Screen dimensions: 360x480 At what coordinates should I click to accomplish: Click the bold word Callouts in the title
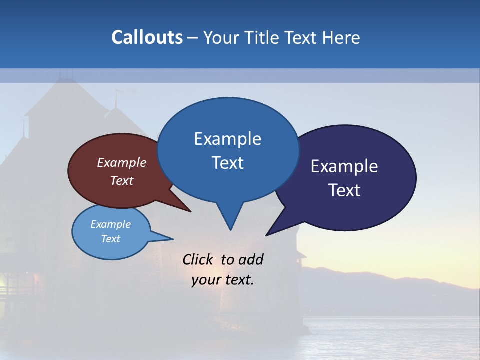[147, 37]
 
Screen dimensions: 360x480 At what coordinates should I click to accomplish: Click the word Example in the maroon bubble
[122, 162]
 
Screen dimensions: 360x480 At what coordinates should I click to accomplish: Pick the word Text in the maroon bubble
[122, 180]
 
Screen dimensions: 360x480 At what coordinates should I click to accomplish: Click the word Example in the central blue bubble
[227, 139]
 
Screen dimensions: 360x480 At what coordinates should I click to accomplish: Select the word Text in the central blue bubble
[227, 163]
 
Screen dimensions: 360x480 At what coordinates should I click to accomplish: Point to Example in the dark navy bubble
[344, 166]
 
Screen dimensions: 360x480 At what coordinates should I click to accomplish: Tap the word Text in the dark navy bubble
[344, 190]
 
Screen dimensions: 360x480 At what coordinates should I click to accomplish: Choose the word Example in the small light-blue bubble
[111, 224]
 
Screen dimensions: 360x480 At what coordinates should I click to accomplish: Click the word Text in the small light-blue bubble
[111, 239]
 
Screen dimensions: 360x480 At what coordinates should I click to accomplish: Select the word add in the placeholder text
[251, 259]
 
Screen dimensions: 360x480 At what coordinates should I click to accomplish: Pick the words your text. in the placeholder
[223, 280]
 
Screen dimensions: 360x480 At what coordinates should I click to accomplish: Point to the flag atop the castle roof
[118, 93]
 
